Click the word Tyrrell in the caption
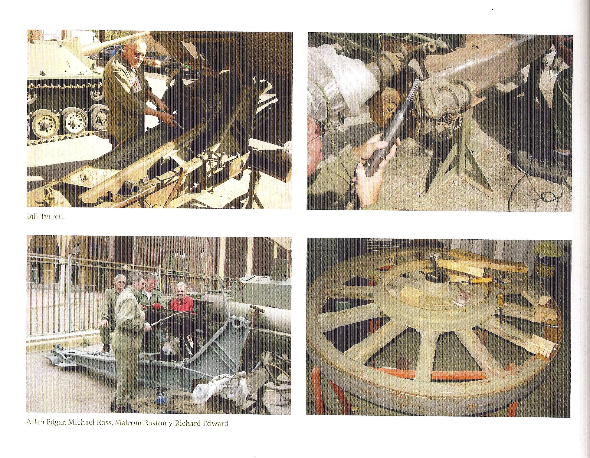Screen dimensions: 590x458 tap(55, 218)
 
